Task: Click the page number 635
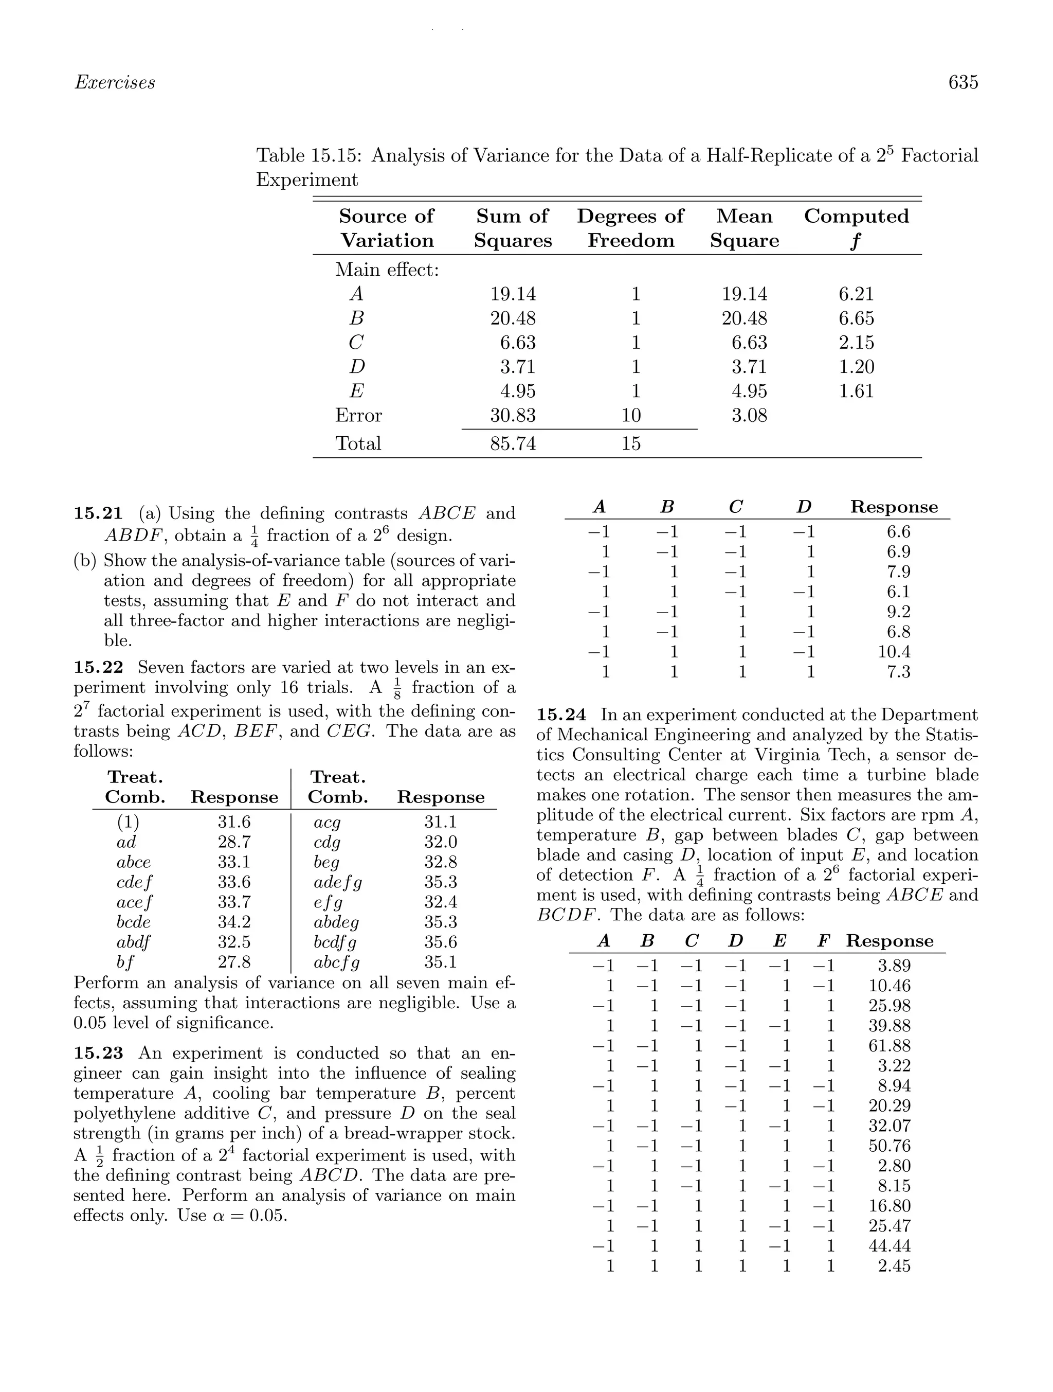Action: point(963,82)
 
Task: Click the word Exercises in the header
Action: point(115,82)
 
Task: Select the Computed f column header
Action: point(856,228)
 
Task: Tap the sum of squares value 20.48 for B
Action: point(513,318)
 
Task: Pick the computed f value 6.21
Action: point(856,294)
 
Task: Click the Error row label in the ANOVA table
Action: point(358,415)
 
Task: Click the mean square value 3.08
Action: point(749,415)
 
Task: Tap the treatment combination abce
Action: point(133,862)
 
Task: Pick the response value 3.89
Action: point(893,966)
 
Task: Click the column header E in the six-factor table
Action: point(779,941)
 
